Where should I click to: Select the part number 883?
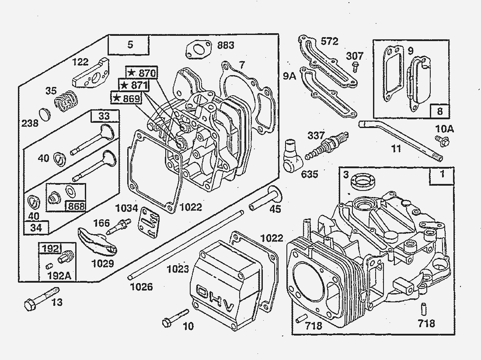[226, 45]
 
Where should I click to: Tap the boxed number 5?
[129, 44]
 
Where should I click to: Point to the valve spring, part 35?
[66, 101]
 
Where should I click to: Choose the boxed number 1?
[442, 175]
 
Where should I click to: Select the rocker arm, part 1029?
[97, 242]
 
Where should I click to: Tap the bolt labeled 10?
[175, 318]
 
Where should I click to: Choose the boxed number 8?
[439, 111]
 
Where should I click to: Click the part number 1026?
[142, 287]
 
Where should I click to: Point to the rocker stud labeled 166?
[121, 225]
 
